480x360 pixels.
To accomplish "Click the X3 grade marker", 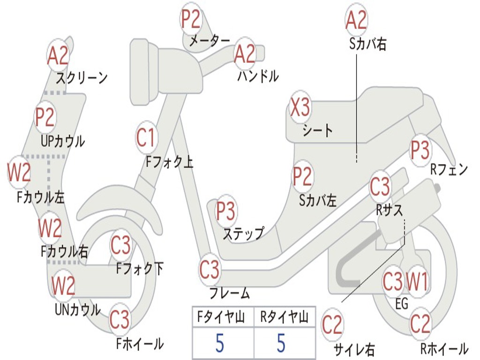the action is [300, 107].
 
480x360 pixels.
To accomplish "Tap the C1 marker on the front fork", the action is [146, 137].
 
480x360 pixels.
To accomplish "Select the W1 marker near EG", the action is [416, 281].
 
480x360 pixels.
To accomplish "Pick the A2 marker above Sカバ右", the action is [356, 20].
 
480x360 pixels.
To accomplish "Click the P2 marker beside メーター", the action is [191, 19].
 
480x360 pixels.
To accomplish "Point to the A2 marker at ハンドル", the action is [245, 53].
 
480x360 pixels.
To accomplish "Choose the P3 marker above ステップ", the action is [225, 211].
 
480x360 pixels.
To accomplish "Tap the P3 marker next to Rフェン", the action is [420, 150].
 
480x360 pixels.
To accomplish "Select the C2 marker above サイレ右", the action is [332, 324].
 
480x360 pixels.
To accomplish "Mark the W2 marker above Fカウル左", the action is [19, 172].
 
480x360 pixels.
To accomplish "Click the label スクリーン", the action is [82, 78].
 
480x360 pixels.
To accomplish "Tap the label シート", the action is [317, 131].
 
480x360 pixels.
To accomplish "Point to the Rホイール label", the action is [444, 348].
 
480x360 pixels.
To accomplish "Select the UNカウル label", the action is [78, 309].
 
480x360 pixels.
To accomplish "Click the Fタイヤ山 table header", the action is [221, 317].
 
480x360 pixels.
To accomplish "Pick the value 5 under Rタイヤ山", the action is [281, 343].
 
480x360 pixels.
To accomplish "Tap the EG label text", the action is [402, 304].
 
